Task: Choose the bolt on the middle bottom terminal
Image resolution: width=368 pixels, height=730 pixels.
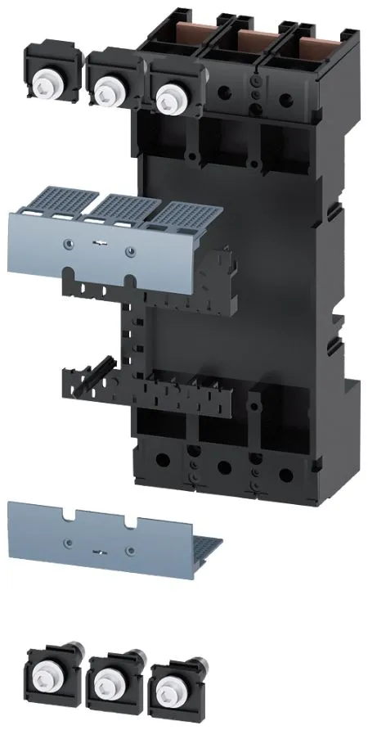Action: tap(105, 679)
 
